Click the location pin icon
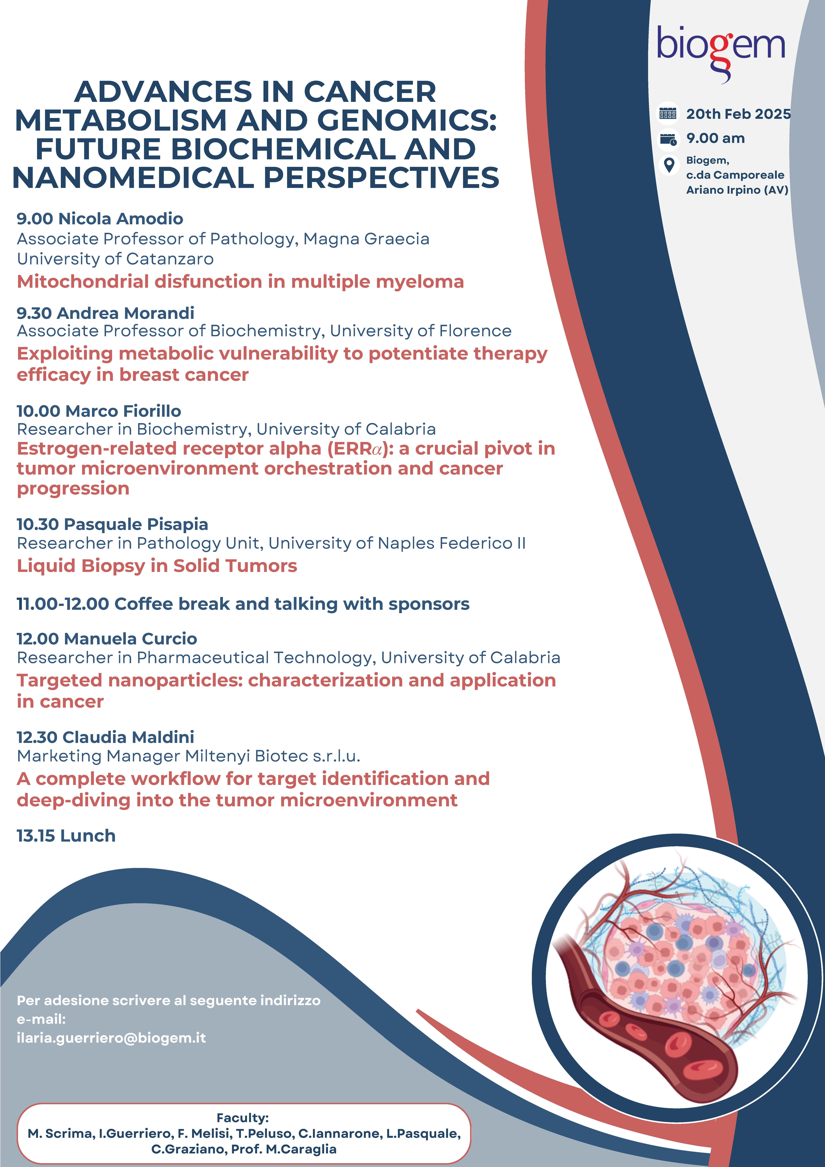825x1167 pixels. tap(669, 165)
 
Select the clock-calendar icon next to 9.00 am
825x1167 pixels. tap(668, 139)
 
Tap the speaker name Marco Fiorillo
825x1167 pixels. tap(124, 411)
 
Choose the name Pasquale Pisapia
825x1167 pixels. tap(136, 524)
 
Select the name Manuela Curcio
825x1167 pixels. tap(131, 638)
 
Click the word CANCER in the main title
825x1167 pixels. tap(369, 92)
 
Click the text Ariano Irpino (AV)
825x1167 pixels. tap(737, 190)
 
